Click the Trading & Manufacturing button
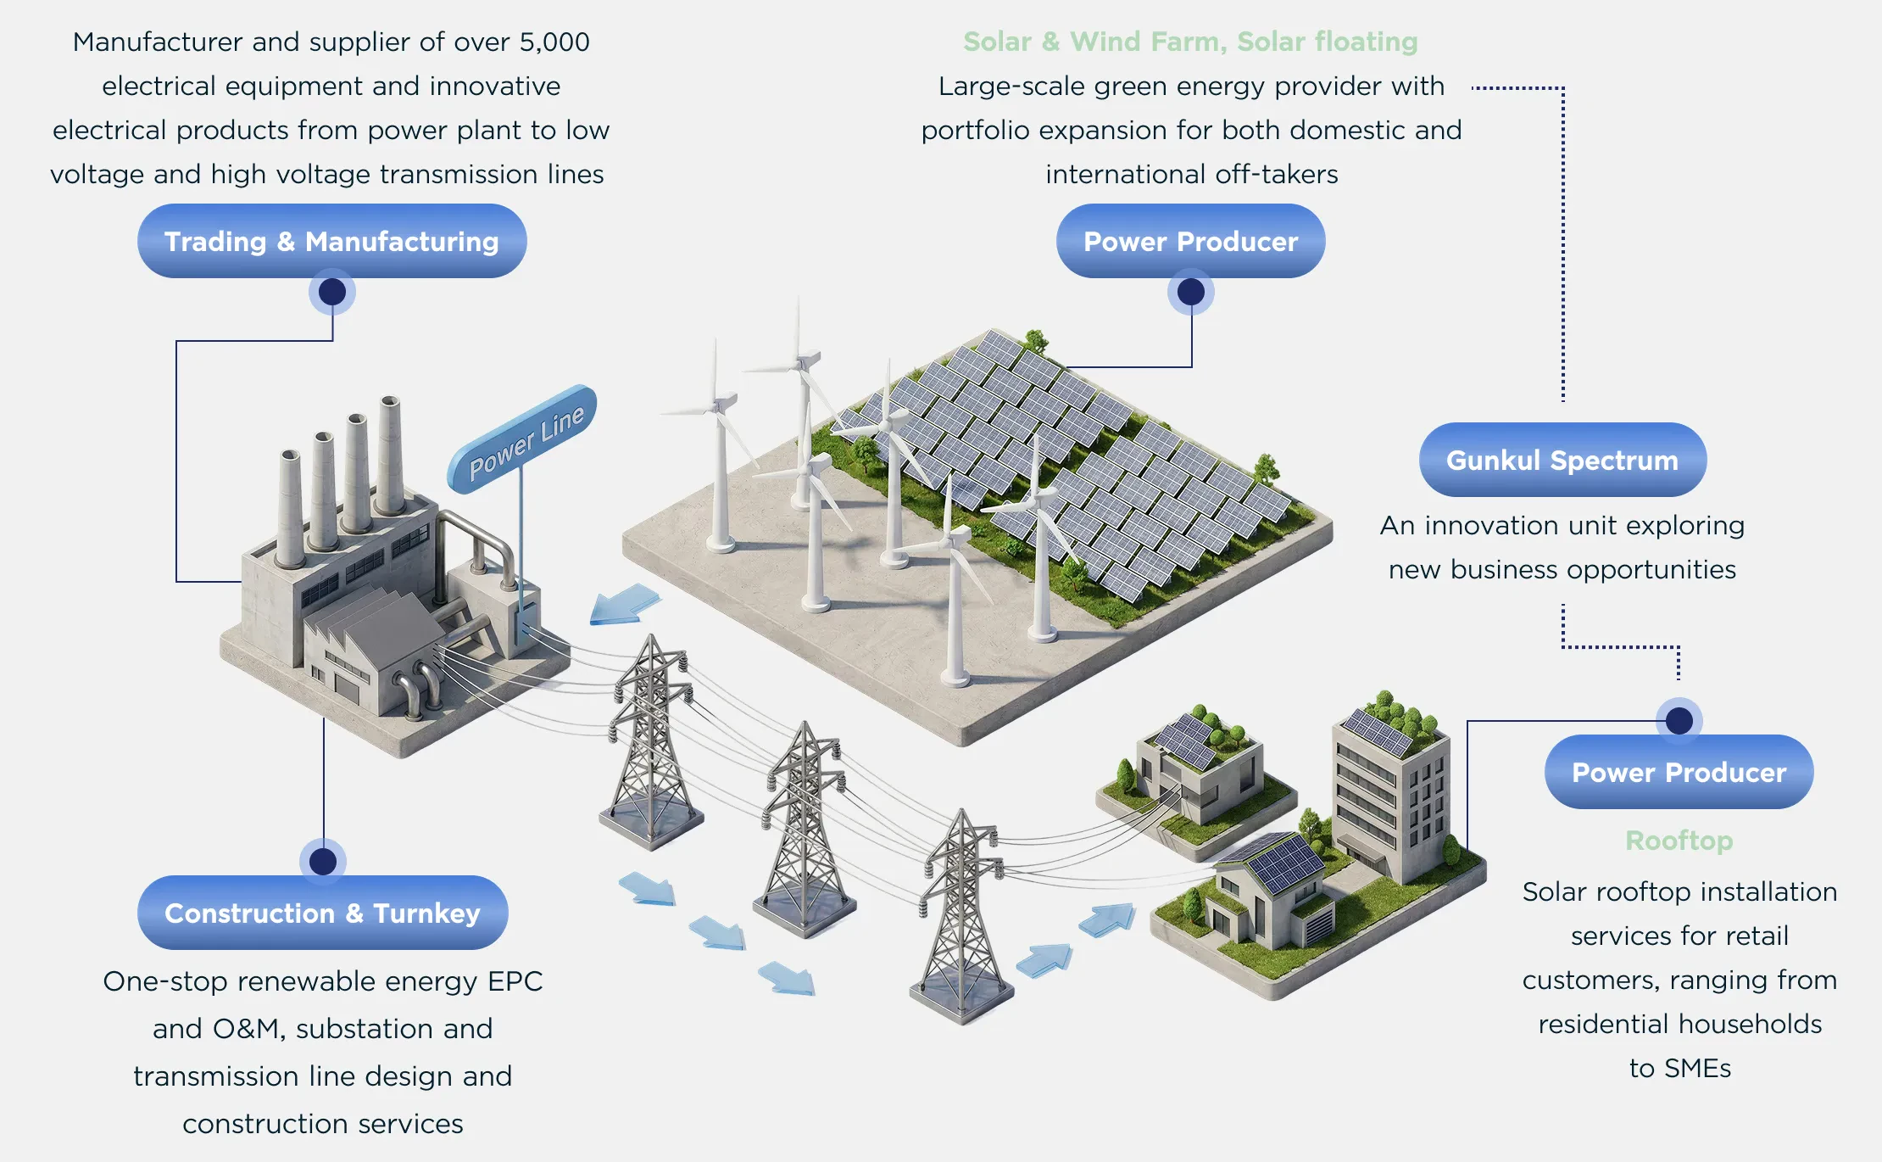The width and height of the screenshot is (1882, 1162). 331,241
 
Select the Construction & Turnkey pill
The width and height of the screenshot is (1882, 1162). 322,913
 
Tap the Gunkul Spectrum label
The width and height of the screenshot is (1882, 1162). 1562,460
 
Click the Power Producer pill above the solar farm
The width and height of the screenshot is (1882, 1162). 1190,241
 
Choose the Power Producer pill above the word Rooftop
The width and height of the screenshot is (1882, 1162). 1679,772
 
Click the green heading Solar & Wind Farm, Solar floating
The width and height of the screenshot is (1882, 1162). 1190,42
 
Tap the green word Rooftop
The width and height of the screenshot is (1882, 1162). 1679,841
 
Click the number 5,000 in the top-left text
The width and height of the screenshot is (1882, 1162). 554,42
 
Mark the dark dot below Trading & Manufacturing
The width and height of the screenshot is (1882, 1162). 332,292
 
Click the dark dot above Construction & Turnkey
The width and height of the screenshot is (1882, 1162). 323,862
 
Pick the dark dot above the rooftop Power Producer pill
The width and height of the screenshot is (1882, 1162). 1679,721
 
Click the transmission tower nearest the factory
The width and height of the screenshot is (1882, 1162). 651,742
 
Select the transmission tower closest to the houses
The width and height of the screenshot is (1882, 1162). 963,916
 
